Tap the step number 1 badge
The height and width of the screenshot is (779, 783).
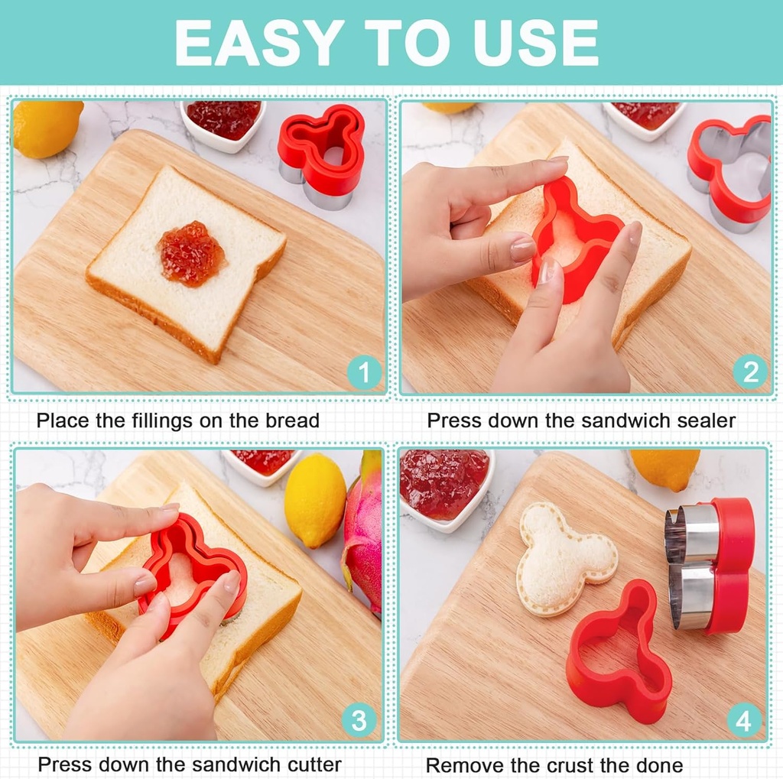(364, 372)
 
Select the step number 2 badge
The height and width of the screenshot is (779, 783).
(750, 372)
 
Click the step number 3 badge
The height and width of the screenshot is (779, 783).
(359, 719)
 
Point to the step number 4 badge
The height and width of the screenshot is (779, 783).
(744, 719)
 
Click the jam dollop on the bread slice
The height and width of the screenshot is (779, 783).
(192, 254)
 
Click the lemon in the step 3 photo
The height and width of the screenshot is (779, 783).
(315, 500)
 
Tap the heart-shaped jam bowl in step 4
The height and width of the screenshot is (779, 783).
(445, 487)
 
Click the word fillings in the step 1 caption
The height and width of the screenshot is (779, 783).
(164, 420)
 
